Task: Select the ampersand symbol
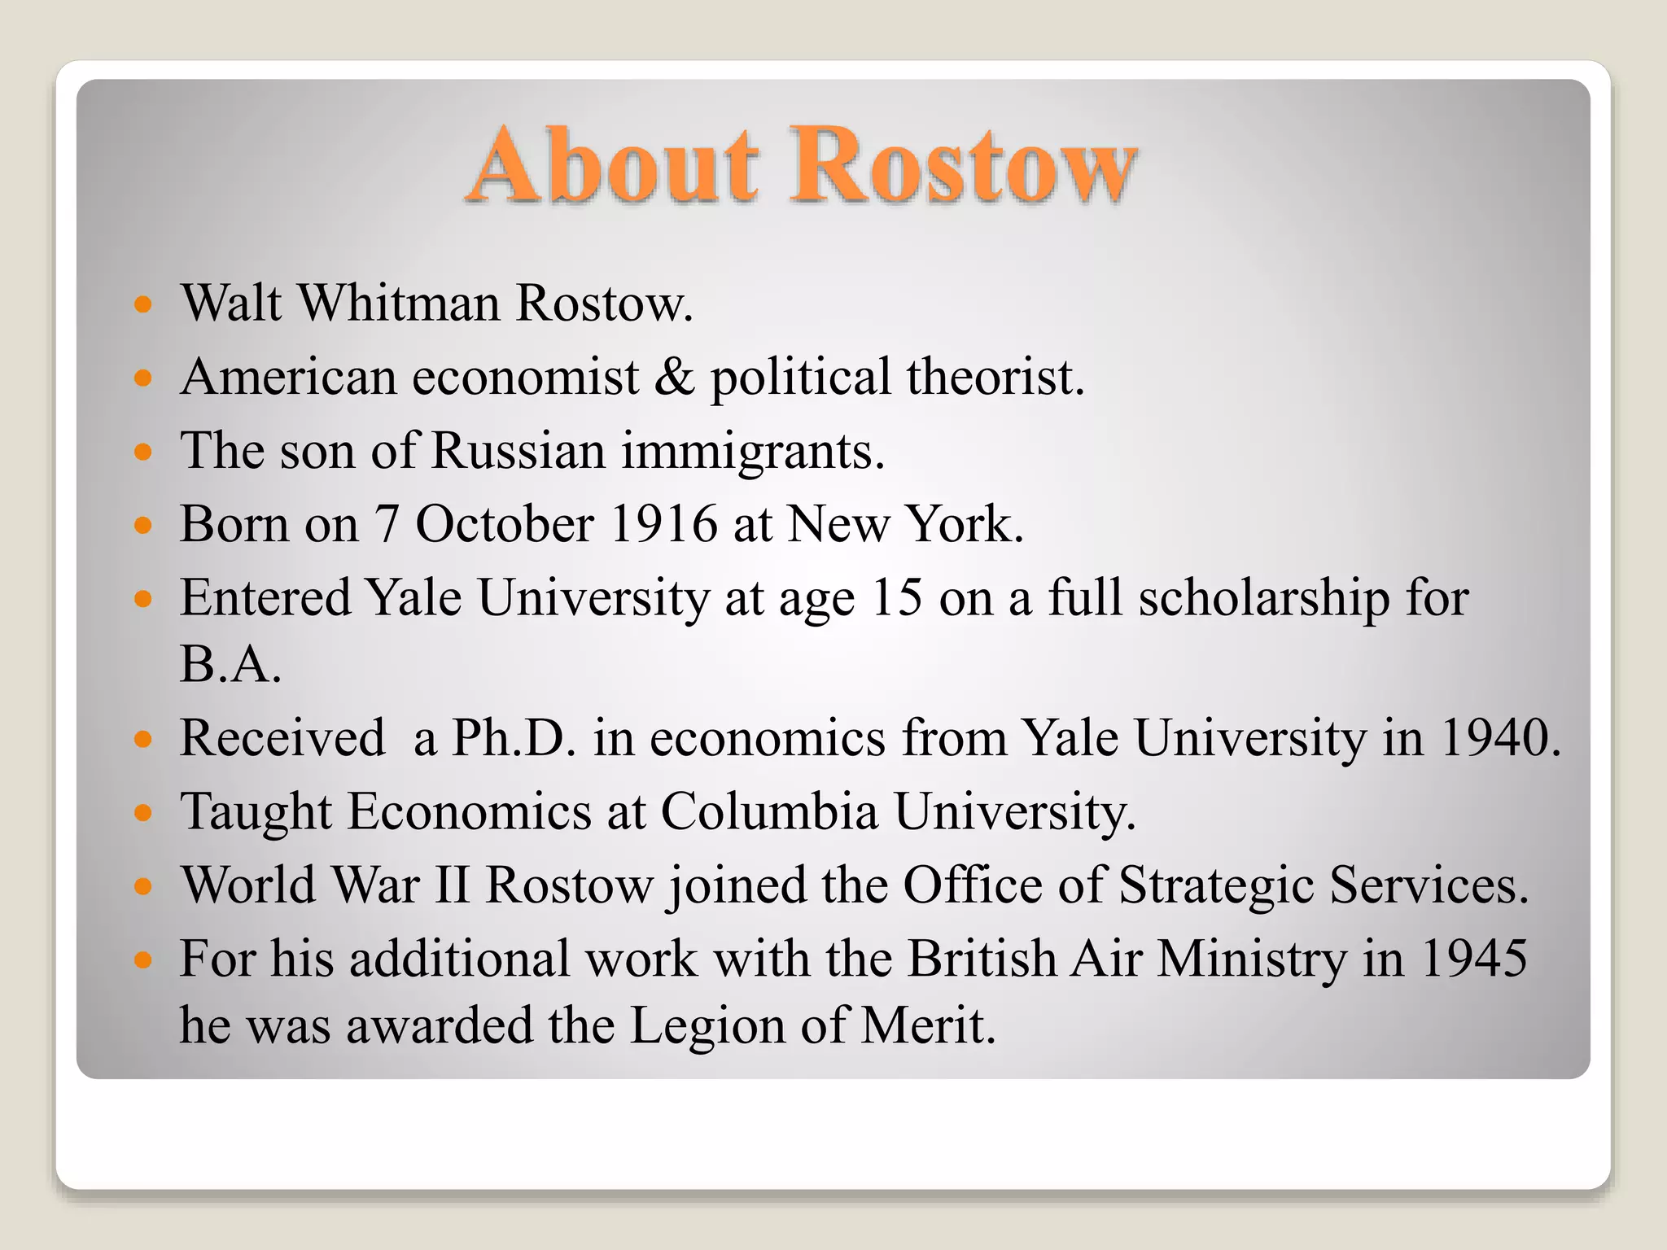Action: (x=675, y=377)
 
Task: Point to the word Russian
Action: (x=518, y=450)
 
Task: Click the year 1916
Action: (x=663, y=523)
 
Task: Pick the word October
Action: (x=505, y=523)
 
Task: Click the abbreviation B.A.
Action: (x=230, y=664)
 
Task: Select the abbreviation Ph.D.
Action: (x=514, y=738)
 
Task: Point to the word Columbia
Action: (x=769, y=811)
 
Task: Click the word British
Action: (x=982, y=959)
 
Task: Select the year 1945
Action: (x=1473, y=959)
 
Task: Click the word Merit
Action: (x=928, y=1025)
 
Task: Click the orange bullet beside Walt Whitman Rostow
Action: (x=143, y=306)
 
